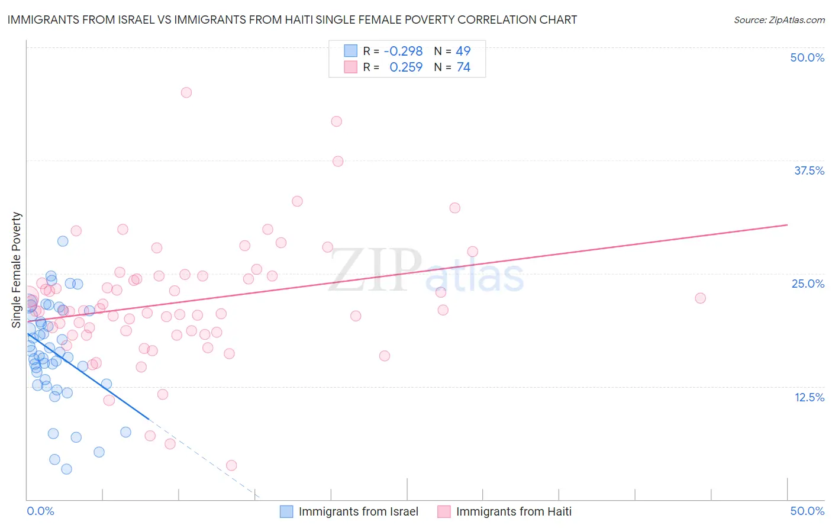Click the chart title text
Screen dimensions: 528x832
click(292, 20)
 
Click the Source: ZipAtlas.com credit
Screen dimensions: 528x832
click(779, 20)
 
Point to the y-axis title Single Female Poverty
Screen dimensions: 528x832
click(17, 270)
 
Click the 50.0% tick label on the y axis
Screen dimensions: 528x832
click(807, 57)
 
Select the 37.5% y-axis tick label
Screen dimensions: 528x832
click(809, 170)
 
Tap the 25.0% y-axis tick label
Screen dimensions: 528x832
click(808, 284)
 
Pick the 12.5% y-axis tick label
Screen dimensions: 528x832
click(809, 397)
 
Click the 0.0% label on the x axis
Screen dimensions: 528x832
click(40, 511)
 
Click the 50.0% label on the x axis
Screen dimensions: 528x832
click(807, 511)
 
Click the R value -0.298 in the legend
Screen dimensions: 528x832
click(403, 51)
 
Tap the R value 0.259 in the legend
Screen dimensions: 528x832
click(406, 67)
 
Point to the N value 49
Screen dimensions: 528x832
click(463, 51)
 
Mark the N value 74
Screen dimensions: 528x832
click(463, 67)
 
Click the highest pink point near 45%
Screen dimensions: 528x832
click(186, 92)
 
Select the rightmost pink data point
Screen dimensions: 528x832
click(701, 298)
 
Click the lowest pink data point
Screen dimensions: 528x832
click(231, 465)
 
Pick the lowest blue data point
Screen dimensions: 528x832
click(67, 469)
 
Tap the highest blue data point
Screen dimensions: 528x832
click(63, 241)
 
